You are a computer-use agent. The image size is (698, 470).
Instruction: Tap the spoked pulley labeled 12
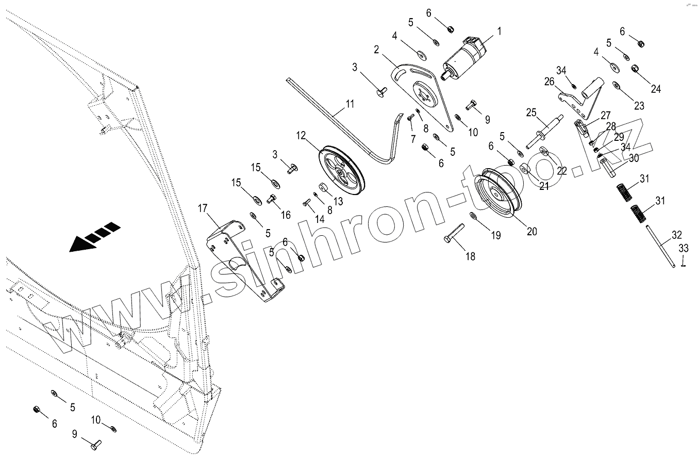click(342, 170)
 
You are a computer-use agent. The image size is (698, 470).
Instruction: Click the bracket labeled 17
click(242, 258)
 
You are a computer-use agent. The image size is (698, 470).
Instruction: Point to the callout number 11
click(350, 104)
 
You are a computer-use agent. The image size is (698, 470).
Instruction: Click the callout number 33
click(684, 248)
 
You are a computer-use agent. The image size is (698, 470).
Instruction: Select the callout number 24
click(656, 89)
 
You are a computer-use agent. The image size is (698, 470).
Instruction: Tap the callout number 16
click(286, 215)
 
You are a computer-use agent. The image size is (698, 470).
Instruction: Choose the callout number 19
click(495, 235)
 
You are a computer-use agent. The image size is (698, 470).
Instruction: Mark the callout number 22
click(562, 171)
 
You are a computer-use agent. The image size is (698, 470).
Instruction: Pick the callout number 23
click(639, 106)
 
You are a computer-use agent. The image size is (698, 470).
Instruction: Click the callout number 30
click(634, 157)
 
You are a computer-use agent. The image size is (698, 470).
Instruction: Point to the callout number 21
click(544, 186)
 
